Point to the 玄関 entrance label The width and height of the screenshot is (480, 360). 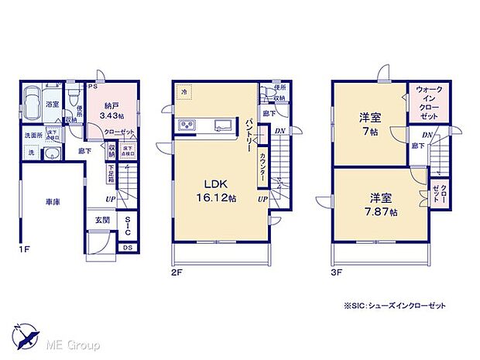tap(103, 221)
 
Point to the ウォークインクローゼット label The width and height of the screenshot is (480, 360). tap(424, 101)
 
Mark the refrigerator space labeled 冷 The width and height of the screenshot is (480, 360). tap(184, 91)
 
